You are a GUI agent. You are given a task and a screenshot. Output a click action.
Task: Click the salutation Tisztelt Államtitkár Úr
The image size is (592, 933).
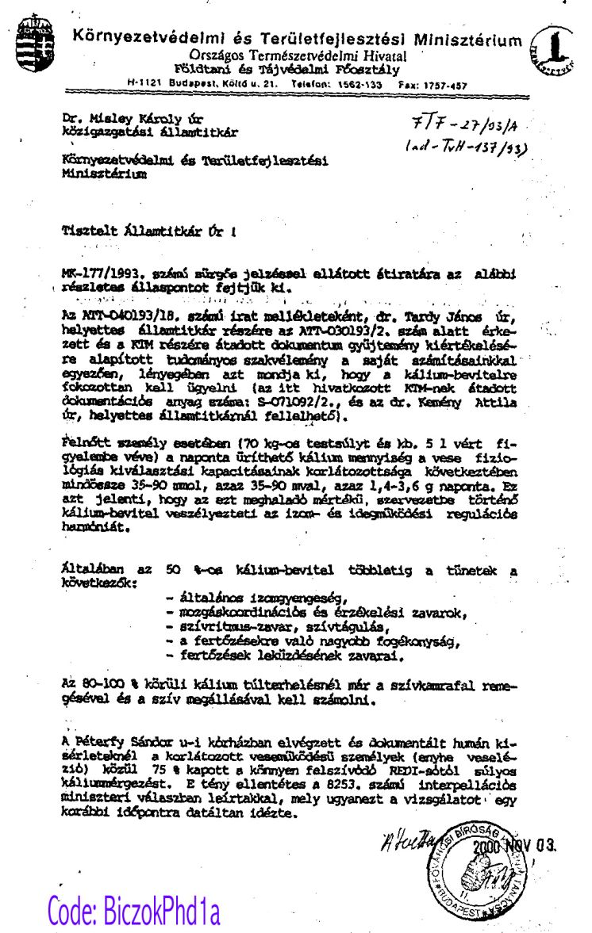coord(147,232)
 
